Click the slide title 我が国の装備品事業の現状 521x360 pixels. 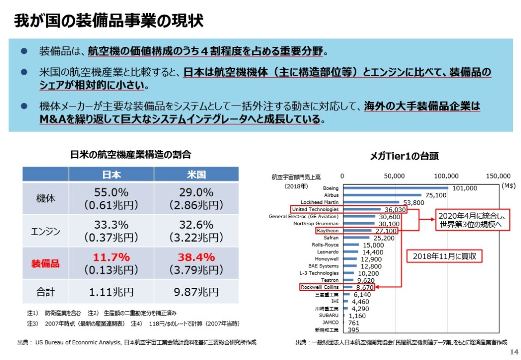pos(108,21)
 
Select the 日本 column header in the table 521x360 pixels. pos(111,174)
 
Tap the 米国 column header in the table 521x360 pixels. pos(196,174)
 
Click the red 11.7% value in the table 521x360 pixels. pos(111,257)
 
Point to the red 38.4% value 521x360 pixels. pos(196,257)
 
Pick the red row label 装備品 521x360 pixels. pos(45,263)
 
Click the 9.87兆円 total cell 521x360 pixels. pos(196,292)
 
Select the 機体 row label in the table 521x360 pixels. pos(45,199)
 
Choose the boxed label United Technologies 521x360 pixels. pos(315,209)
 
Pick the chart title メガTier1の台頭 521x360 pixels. pos(404,156)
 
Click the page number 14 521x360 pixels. pos(513,352)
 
